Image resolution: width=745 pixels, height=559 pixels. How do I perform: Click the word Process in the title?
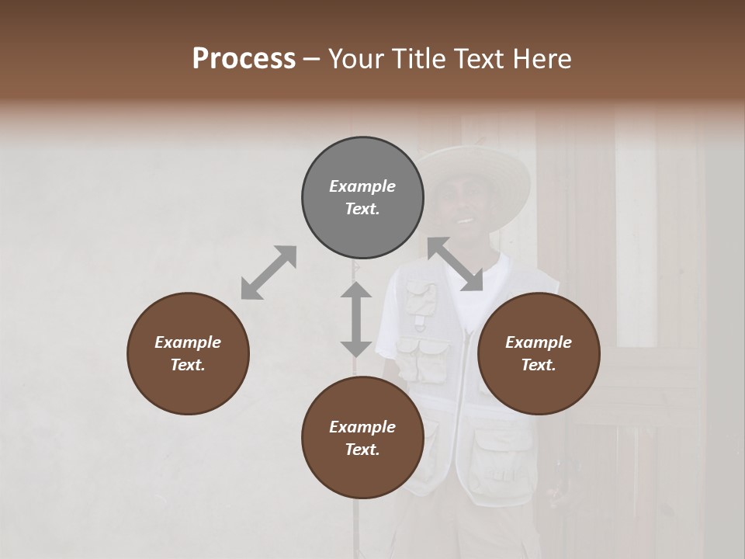pyautogui.click(x=244, y=59)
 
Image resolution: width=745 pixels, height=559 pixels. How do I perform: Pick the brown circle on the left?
pyautogui.click(x=188, y=354)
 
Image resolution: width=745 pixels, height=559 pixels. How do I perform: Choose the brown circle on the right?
pyautogui.click(x=539, y=354)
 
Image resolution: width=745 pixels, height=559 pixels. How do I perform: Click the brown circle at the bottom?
pyautogui.click(x=362, y=438)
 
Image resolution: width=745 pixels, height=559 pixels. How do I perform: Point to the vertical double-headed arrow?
pyautogui.click(x=356, y=319)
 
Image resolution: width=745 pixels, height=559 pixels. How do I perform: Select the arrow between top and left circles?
pyautogui.click(x=269, y=273)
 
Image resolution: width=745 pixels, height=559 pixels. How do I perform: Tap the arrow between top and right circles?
pyautogui.click(x=456, y=265)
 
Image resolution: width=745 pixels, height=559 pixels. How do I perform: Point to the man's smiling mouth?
pyautogui.click(x=464, y=220)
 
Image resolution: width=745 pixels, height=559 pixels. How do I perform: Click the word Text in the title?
pyautogui.click(x=474, y=59)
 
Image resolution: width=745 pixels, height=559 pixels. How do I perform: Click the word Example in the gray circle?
pyautogui.click(x=362, y=186)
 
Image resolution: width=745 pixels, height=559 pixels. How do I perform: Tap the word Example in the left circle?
pyautogui.click(x=188, y=342)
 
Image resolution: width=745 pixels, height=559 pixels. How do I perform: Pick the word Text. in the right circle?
pyautogui.click(x=539, y=366)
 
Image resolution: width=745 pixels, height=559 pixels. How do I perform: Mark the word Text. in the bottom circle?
pyautogui.click(x=362, y=450)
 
